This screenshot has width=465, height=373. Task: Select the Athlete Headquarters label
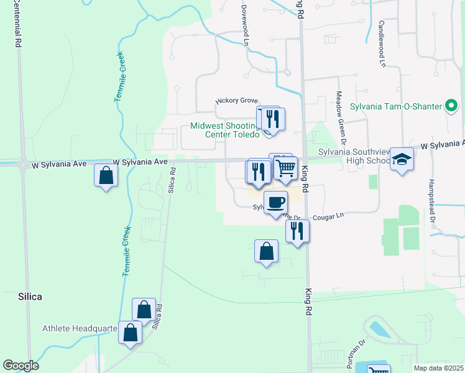pos(80,328)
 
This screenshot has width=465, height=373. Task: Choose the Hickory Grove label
pos(236,100)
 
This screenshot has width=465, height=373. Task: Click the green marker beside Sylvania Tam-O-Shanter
pos(452,106)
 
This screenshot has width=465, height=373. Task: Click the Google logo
pos(21,366)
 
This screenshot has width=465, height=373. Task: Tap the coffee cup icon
pos(275,201)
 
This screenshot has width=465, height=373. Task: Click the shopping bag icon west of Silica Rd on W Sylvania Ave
pos(106,175)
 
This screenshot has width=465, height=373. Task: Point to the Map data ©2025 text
pos(438,368)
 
